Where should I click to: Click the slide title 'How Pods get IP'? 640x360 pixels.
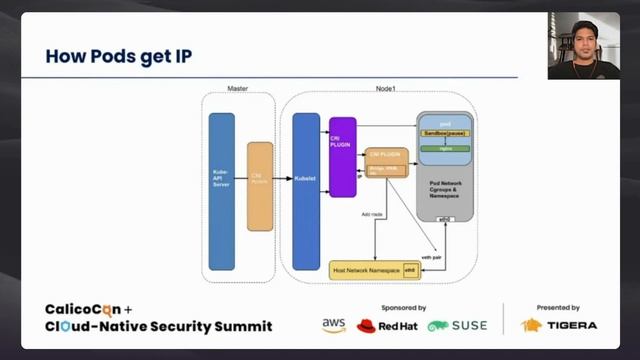pyautogui.click(x=118, y=56)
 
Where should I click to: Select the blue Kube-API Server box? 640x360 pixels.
pyautogui.click(x=221, y=191)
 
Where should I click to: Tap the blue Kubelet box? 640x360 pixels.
pyautogui.click(x=305, y=180)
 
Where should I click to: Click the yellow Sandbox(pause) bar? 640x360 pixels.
pyautogui.click(x=445, y=132)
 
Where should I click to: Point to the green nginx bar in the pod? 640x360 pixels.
pyautogui.click(x=445, y=148)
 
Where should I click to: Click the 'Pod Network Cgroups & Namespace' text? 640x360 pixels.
pyautogui.click(x=445, y=191)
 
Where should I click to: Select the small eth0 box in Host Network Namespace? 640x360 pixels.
pyautogui.click(x=409, y=269)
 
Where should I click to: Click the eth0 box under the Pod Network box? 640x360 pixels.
pyautogui.click(x=445, y=218)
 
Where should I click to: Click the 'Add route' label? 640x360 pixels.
pyautogui.click(x=372, y=214)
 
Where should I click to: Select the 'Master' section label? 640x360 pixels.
pyautogui.click(x=238, y=89)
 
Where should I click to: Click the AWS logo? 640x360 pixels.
pyautogui.click(x=334, y=326)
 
